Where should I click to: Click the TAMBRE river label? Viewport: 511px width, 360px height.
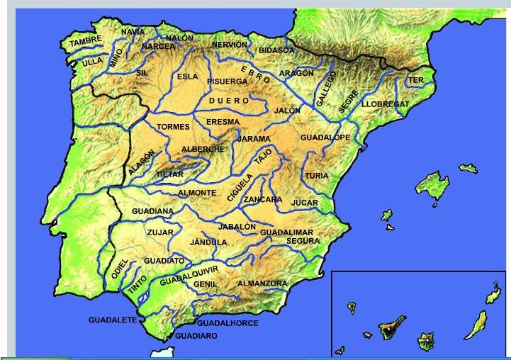pos(86,40)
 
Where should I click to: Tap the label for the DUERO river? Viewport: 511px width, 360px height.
pos(229,101)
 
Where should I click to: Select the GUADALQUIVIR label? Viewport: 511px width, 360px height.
pos(189,274)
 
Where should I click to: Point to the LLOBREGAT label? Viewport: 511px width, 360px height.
pos(385,104)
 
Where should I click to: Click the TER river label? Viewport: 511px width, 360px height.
pos(416,81)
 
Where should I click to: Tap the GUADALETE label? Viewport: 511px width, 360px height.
pos(112,320)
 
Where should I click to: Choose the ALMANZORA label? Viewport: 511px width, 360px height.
pos(262,283)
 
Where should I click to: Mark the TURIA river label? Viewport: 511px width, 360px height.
pos(316,176)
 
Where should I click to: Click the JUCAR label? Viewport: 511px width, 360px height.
pos(305,203)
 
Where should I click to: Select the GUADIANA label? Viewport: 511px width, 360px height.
pos(152,211)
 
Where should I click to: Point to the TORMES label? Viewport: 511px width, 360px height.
pos(173,128)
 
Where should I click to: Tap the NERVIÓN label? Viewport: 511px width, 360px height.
pos(230,45)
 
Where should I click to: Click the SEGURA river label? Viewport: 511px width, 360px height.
pos(303,241)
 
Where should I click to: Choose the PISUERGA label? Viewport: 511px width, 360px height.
pos(227,81)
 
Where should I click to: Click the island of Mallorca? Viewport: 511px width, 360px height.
pos(434,186)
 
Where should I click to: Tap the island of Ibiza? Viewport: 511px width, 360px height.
pos(387,215)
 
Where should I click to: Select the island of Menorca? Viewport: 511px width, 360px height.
pos(468,169)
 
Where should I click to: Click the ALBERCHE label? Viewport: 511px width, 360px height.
pos(203,149)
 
